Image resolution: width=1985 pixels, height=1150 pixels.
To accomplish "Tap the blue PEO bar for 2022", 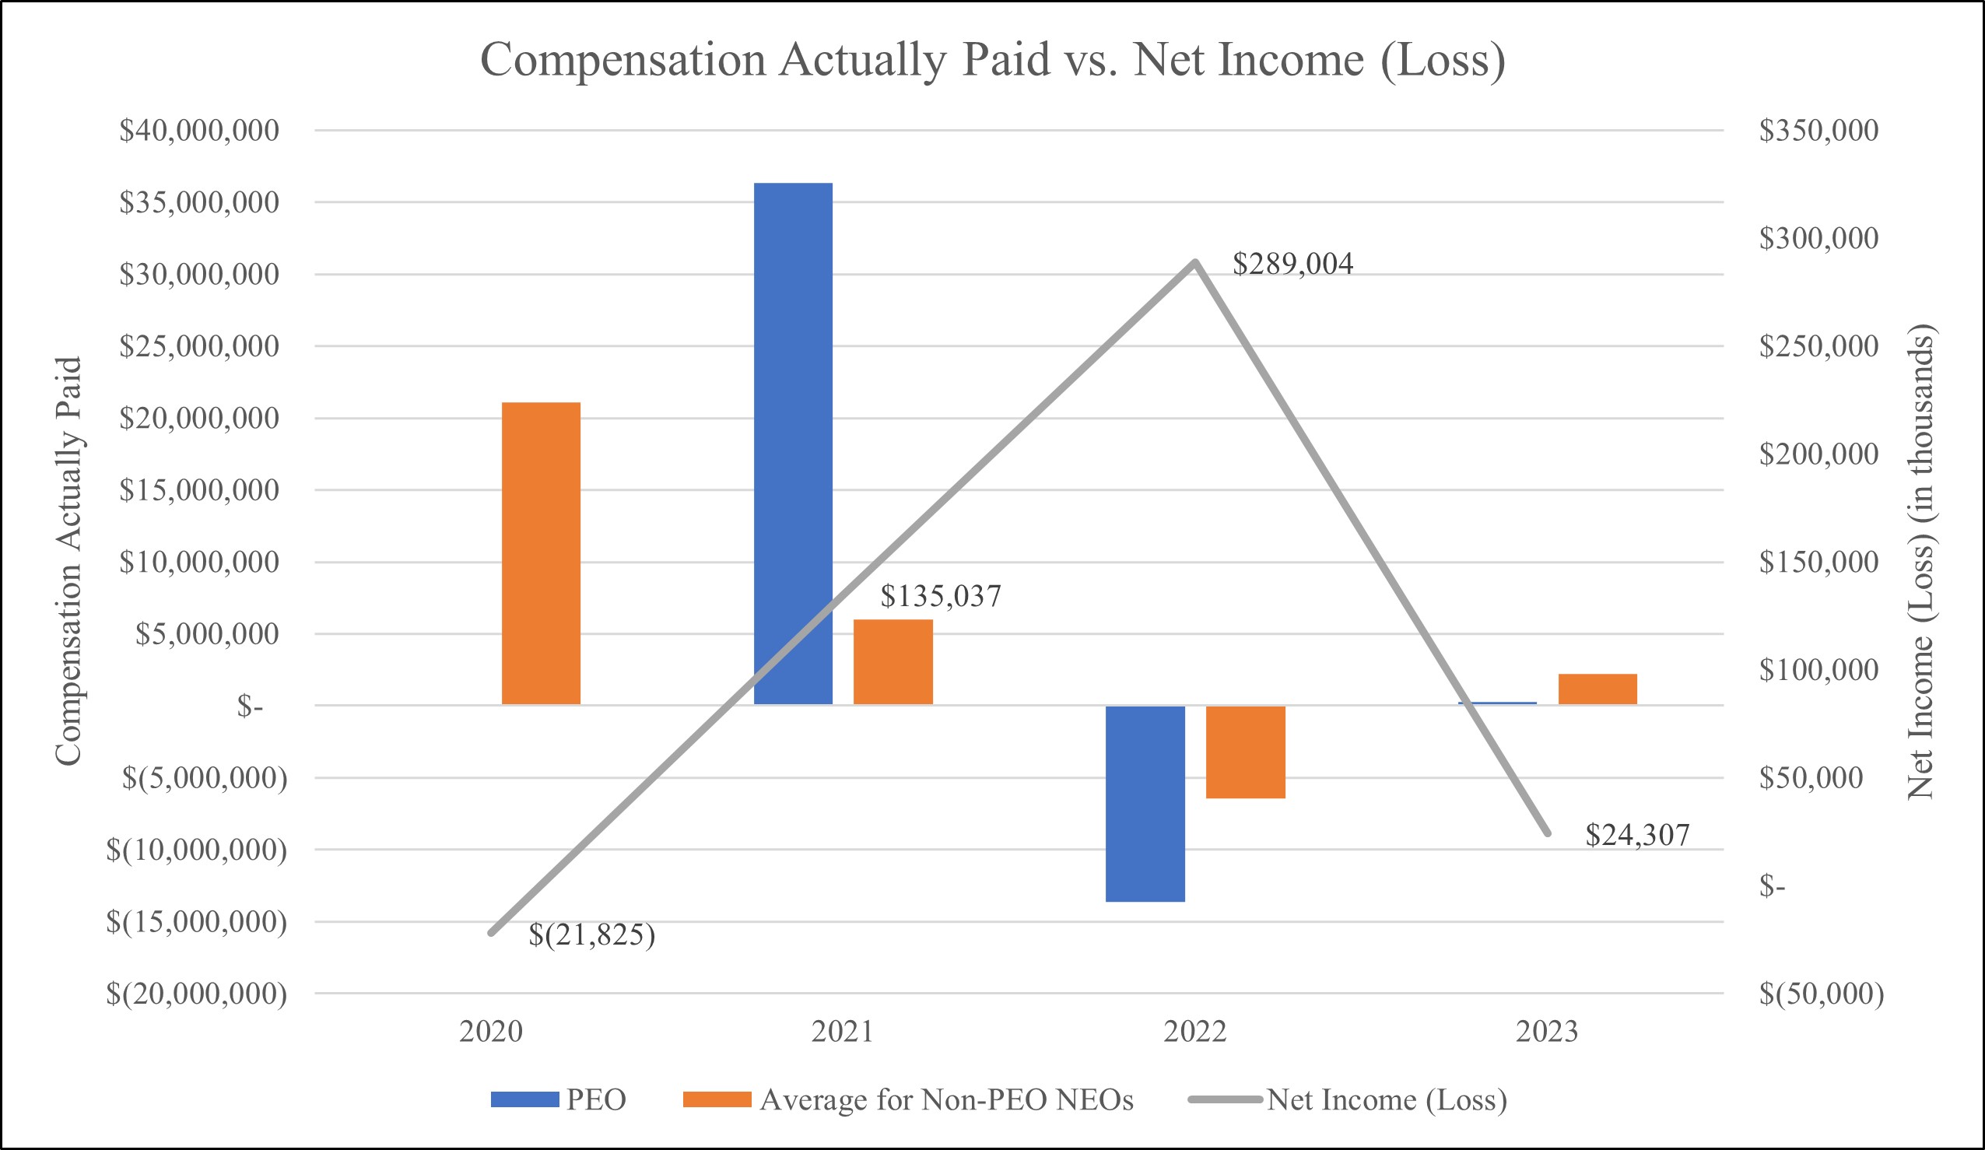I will (x=1145, y=804).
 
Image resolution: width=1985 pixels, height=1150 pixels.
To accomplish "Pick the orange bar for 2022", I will (x=1245, y=752).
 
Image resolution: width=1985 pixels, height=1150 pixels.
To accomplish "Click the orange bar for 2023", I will (x=1597, y=689).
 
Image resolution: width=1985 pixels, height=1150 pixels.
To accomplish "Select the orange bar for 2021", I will (x=893, y=661).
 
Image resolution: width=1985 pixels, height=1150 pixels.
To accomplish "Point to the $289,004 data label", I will (x=1292, y=264).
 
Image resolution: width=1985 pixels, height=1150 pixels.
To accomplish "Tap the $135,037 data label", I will (x=941, y=596).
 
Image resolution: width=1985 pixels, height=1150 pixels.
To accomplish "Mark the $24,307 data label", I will (x=1637, y=835).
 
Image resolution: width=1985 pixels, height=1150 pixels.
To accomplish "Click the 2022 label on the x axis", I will (x=1195, y=1032).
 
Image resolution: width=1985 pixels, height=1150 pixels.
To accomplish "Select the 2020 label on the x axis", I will (x=491, y=1032).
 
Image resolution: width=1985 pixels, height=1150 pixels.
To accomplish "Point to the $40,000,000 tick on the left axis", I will (x=199, y=131).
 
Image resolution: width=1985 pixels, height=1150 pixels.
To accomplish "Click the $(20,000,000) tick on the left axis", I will (x=197, y=994).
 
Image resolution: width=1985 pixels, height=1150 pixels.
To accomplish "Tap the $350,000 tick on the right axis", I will (x=1818, y=131).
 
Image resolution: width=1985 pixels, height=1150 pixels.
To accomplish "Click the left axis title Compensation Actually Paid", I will (x=68, y=561).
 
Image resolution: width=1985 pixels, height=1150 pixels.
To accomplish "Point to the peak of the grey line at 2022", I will (x=1195, y=261).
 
